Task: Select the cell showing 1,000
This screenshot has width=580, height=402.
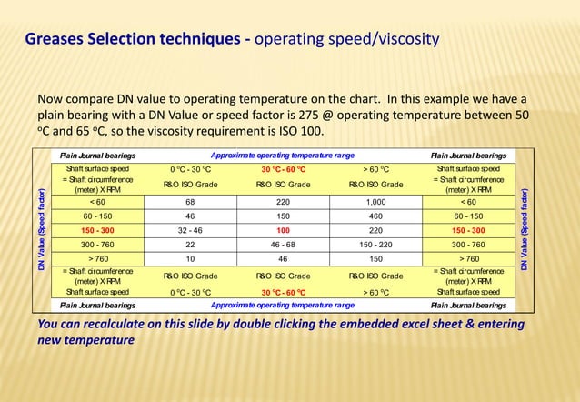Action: point(375,202)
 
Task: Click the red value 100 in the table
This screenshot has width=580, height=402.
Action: point(283,231)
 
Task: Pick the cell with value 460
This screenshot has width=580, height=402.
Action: point(375,216)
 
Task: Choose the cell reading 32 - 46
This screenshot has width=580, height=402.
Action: point(190,231)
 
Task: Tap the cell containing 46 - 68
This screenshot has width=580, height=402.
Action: point(283,245)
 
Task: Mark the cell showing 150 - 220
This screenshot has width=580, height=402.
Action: point(375,245)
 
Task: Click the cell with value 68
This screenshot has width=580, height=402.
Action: point(190,202)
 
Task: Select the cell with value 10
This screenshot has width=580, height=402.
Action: point(190,259)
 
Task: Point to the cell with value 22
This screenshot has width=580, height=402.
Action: point(190,245)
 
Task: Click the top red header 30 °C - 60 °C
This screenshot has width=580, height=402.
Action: point(283,169)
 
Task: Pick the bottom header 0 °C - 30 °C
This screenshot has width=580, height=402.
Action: point(190,292)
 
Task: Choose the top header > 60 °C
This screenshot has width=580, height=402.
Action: point(375,169)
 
